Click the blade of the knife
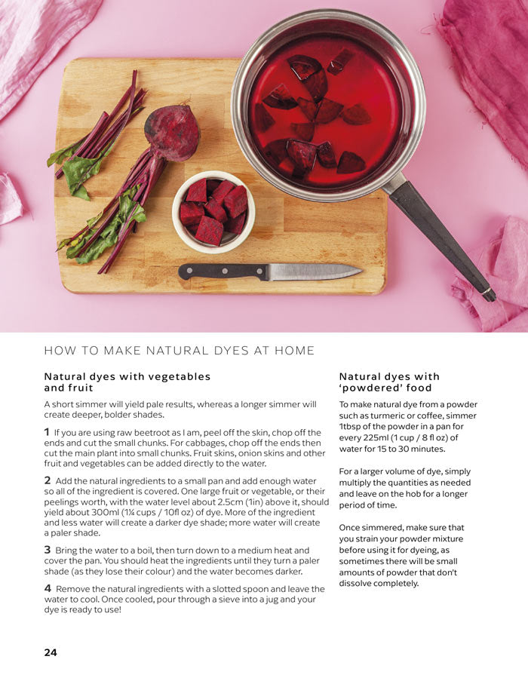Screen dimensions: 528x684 click(x=315, y=271)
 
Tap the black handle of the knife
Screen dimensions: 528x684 click(x=223, y=271)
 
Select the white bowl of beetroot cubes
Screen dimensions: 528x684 click(x=213, y=212)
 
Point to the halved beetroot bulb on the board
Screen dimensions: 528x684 click(x=172, y=133)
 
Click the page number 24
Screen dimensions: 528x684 click(x=51, y=652)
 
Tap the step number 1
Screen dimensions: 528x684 click(x=47, y=432)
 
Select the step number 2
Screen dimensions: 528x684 click(x=47, y=480)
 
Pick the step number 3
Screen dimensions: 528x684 click(x=47, y=550)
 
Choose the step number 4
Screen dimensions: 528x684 click(x=48, y=588)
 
